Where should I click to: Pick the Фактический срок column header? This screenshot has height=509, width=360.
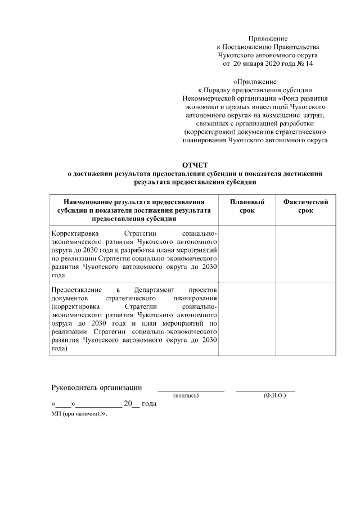coord(305,206)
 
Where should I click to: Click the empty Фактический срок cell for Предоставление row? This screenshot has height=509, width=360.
coord(305,319)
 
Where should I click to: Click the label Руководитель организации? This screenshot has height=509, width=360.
coord(96,388)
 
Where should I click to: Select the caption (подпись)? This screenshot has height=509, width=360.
coord(186,396)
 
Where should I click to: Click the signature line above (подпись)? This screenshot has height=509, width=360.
coord(191,390)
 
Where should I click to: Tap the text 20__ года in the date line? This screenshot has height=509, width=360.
coord(140,404)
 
